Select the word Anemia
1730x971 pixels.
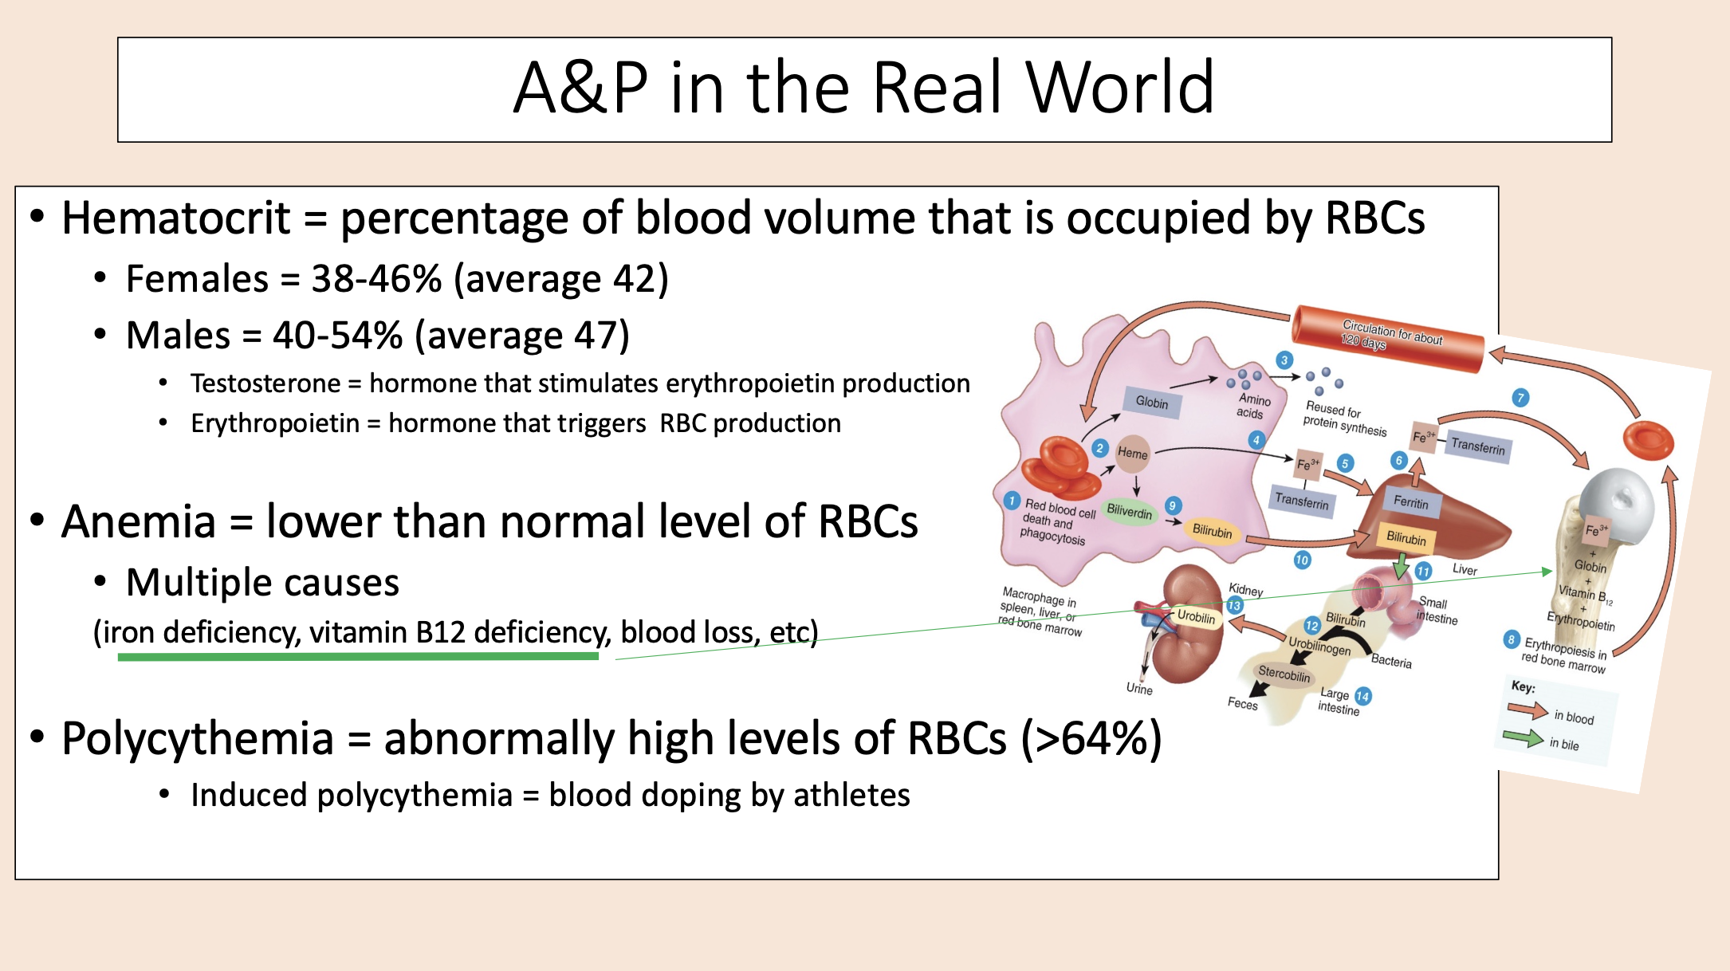(x=139, y=522)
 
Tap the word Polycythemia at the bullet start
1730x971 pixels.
(x=197, y=739)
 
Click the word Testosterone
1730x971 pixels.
(x=265, y=383)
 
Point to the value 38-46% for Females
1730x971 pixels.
(x=376, y=279)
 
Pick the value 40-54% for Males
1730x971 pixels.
(x=337, y=336)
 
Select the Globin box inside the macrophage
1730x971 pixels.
(x=1152, y=402)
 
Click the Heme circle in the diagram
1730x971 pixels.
(x=1133, y=453)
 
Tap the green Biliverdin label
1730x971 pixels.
(x=1130, y=511)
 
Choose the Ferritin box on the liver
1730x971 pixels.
(x=1410, y=502)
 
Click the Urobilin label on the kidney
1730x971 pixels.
(x=1196, y=617)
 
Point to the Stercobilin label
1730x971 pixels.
(x=1284, y=674)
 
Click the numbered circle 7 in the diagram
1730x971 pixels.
(x=1520, y=397)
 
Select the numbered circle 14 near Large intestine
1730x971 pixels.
(x=1362, y=696)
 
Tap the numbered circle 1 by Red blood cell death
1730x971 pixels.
(x=1012, y=501)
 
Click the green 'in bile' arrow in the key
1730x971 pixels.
(x=1523, y=738)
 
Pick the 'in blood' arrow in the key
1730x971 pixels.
(x=1527, y=710)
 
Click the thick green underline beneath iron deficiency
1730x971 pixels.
(x=358, y=657)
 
